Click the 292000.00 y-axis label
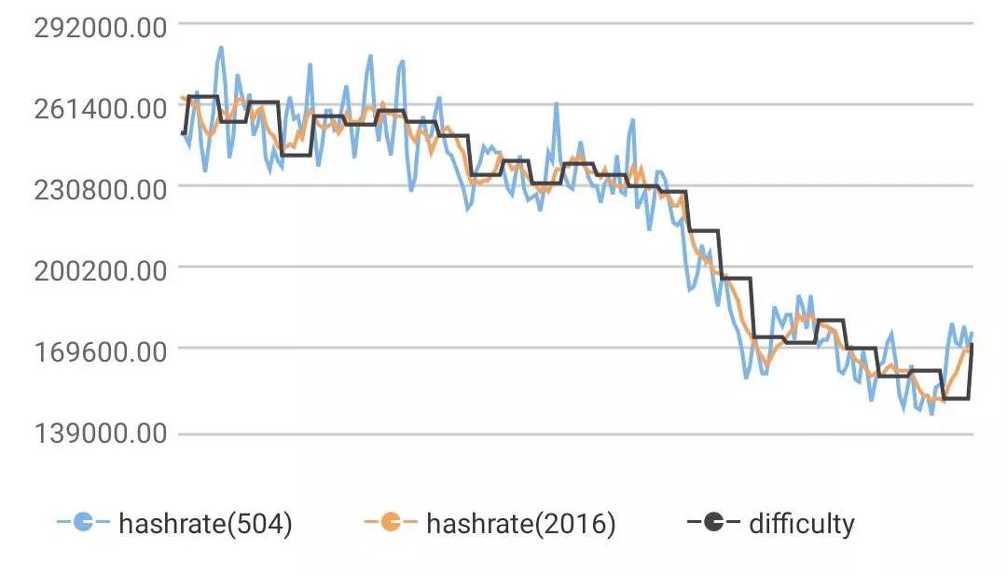101,25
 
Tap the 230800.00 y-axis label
101,187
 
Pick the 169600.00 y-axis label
101,351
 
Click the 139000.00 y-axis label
101,434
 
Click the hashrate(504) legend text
206,524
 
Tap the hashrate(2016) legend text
521,524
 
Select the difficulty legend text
801,524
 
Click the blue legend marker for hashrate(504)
83,523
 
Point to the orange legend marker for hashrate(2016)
392,523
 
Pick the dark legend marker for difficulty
713,523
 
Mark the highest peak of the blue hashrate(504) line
221,47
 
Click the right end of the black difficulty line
972,345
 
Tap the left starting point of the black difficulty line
183,134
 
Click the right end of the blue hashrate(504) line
972,333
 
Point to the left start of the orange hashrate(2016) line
183,97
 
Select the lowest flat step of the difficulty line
956,399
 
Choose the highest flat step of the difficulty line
203,96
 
